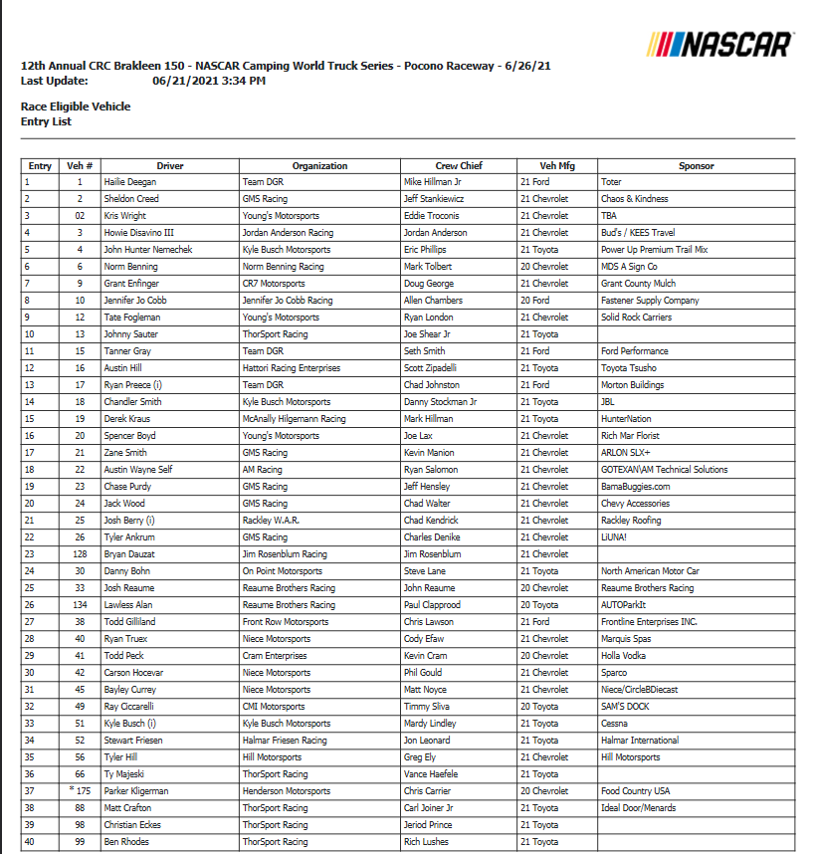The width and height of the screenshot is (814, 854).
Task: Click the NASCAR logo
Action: pos(719,44)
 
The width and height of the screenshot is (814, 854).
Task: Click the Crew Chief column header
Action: pos(459,166)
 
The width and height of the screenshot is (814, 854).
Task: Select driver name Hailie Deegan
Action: pos(130,182)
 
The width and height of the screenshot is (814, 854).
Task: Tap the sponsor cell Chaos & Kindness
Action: pos(634,199)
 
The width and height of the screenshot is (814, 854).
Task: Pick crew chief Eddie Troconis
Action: pos(432,216)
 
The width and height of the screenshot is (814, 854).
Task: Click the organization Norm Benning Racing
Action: pos(284,267)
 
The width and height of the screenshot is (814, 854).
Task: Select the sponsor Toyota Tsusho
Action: pos(629,368)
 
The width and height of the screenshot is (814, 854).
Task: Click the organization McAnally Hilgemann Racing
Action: pos(295,419)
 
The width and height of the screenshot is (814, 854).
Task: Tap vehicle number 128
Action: pos(80,554)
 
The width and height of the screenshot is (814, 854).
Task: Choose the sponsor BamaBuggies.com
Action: pos(635,487)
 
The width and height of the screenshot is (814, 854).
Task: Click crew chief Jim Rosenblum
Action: pos(432,554)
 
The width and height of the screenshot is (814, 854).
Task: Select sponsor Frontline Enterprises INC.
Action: pos(649,622)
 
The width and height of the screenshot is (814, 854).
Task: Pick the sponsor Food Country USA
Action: pos(635,791)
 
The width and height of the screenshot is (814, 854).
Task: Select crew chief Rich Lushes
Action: pos(426,842)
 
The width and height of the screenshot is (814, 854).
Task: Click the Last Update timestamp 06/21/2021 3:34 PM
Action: pos(209,81)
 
